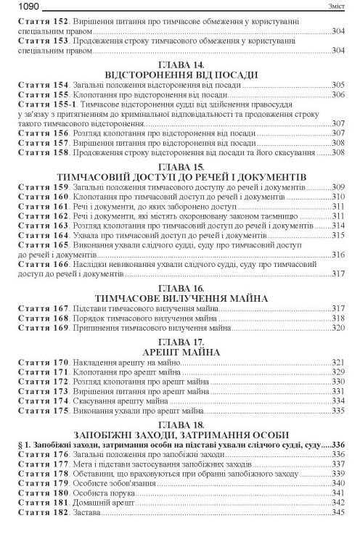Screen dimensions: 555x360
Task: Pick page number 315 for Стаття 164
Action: point(337,235)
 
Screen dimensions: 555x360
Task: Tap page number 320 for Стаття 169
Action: point(337,328)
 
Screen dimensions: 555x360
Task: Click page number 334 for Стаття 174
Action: point(337,400)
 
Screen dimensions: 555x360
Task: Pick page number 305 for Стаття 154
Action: point(337,85)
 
